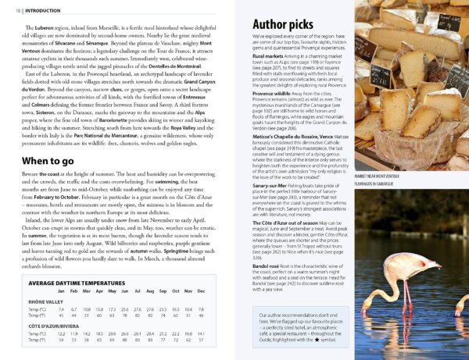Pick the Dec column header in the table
(201, 290)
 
